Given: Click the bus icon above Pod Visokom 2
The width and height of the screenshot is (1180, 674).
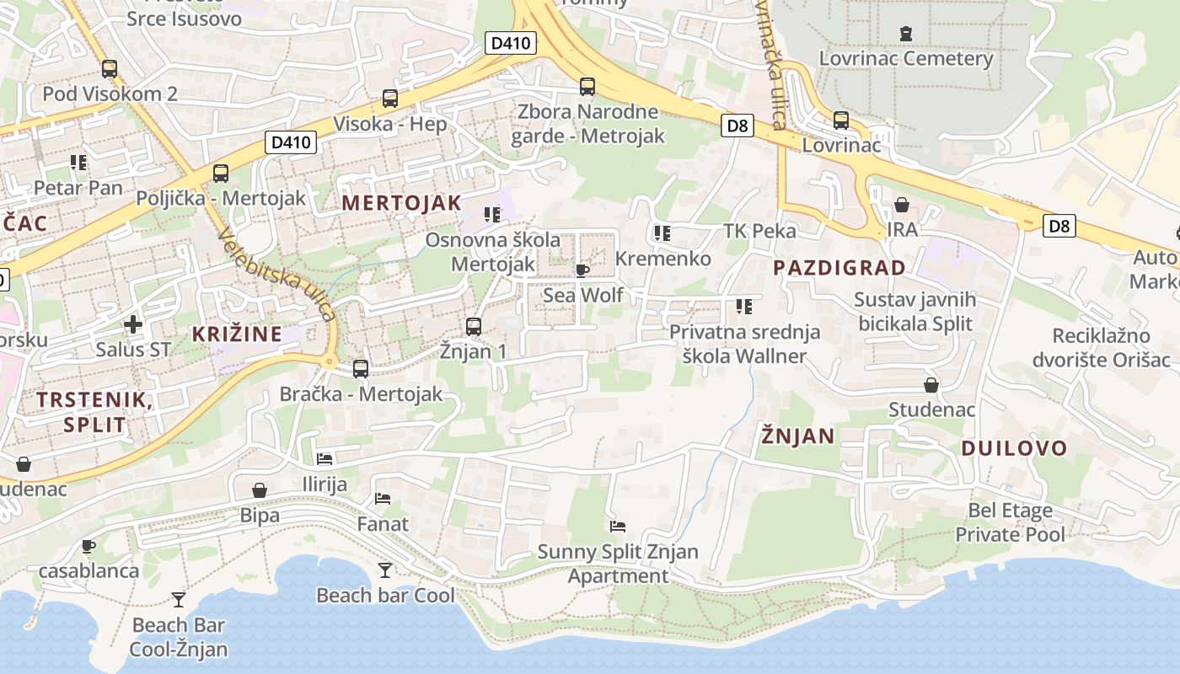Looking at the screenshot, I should pos(110,69).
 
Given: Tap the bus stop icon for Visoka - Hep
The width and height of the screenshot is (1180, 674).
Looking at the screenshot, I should pos(390,99).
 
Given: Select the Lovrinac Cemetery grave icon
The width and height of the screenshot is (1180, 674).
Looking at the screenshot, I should pos(906,35).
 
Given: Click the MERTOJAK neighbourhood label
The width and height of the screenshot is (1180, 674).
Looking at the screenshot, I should pos(401,203).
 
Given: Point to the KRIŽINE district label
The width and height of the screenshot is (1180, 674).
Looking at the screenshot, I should pos(237,334).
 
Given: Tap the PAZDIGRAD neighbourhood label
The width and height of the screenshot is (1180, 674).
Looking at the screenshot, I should pos(839,268).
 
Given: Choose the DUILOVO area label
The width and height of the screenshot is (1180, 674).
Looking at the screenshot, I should pos(1015,448).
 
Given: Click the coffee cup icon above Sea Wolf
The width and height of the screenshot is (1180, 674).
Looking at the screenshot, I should pos(582,270).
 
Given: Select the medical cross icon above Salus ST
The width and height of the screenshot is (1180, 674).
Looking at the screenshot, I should pos(132,324).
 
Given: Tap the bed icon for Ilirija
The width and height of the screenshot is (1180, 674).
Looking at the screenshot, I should pos(324,459).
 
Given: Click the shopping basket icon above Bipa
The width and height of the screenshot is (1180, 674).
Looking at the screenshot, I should pos(260,490).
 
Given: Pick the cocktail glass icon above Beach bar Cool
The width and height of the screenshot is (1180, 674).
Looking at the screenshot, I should pos(385,570).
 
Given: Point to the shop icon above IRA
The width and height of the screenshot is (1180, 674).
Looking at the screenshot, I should pos(902,205).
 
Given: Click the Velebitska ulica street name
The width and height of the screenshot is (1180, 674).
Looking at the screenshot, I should pos(276,275).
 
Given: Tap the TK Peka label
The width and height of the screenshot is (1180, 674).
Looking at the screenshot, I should pos(759,231).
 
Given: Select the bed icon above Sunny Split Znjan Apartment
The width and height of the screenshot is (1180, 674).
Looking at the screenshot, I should pos(618,527).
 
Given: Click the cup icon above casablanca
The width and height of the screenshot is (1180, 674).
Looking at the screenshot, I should pos(88,546).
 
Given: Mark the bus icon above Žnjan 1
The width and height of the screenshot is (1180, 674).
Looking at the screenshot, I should pos(474,327).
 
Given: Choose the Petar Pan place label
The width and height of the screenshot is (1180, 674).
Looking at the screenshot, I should pos(78,187).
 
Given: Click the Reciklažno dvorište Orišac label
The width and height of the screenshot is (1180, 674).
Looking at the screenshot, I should pos(1102,348).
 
